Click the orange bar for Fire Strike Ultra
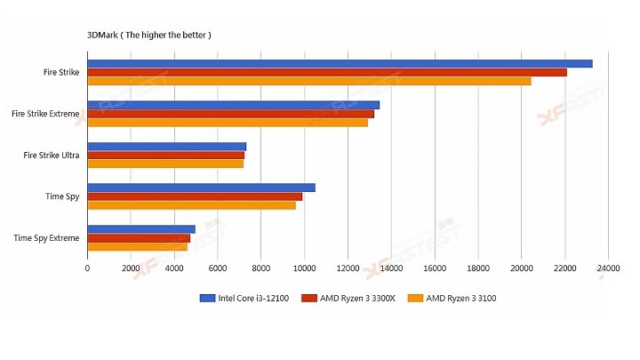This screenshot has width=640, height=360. click(165, 164)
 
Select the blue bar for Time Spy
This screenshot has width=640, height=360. click(201, 188)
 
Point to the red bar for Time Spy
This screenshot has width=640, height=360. click(195, 196)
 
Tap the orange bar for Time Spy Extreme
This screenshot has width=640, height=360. click(137, 246)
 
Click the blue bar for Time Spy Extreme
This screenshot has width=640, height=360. click(141, 229)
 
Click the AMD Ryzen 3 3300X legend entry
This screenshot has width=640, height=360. click(350, 298)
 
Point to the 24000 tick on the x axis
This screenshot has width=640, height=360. click(608, 268)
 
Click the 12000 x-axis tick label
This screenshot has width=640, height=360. click(348, 268)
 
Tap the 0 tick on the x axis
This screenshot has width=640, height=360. click(87, 268)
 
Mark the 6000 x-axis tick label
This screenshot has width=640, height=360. click(218, 268)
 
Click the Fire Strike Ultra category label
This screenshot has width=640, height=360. click(52, 155)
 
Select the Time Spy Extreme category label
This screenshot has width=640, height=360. click(47, 237)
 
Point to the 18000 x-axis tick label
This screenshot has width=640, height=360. click(478, 268)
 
